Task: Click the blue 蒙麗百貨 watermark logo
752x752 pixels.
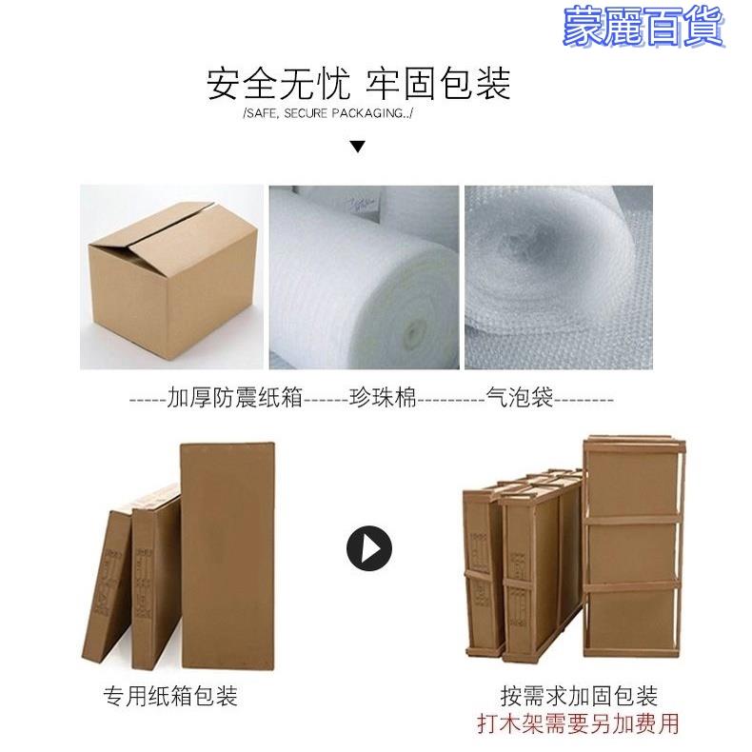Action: (x=643, y=28)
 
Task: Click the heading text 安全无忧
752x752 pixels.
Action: (x=278, y=84)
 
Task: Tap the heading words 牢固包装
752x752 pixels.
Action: (x=438, y=84)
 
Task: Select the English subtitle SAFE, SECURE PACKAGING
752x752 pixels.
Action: (x=328, y=113)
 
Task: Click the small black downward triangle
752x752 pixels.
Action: (x=357, y=147)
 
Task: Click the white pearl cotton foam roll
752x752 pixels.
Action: (x=364, y=277)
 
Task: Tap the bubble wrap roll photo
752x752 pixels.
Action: (x=559, y=277)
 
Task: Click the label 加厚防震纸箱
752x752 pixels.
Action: (x=235, y=398)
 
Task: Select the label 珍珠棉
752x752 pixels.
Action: (x=383, y=398)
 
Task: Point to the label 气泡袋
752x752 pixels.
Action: (x=520, y=398)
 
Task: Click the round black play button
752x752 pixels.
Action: (x=368, y=548)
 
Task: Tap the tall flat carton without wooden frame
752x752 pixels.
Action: (x=228, y=555)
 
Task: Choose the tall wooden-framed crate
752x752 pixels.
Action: (x=634, y=546)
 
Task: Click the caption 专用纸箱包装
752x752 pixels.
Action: (x=170, y=696)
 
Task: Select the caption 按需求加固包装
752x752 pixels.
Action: (x=579, y=696)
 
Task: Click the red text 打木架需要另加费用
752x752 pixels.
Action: (x=579, y=723)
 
